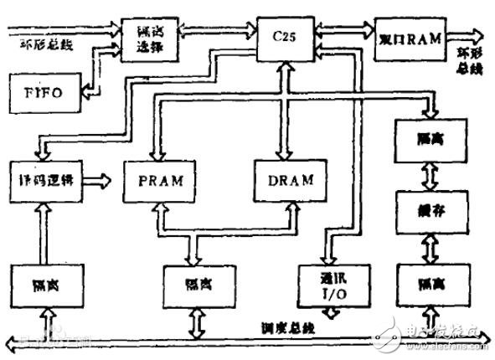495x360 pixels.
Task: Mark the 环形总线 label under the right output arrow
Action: click(467, 61)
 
